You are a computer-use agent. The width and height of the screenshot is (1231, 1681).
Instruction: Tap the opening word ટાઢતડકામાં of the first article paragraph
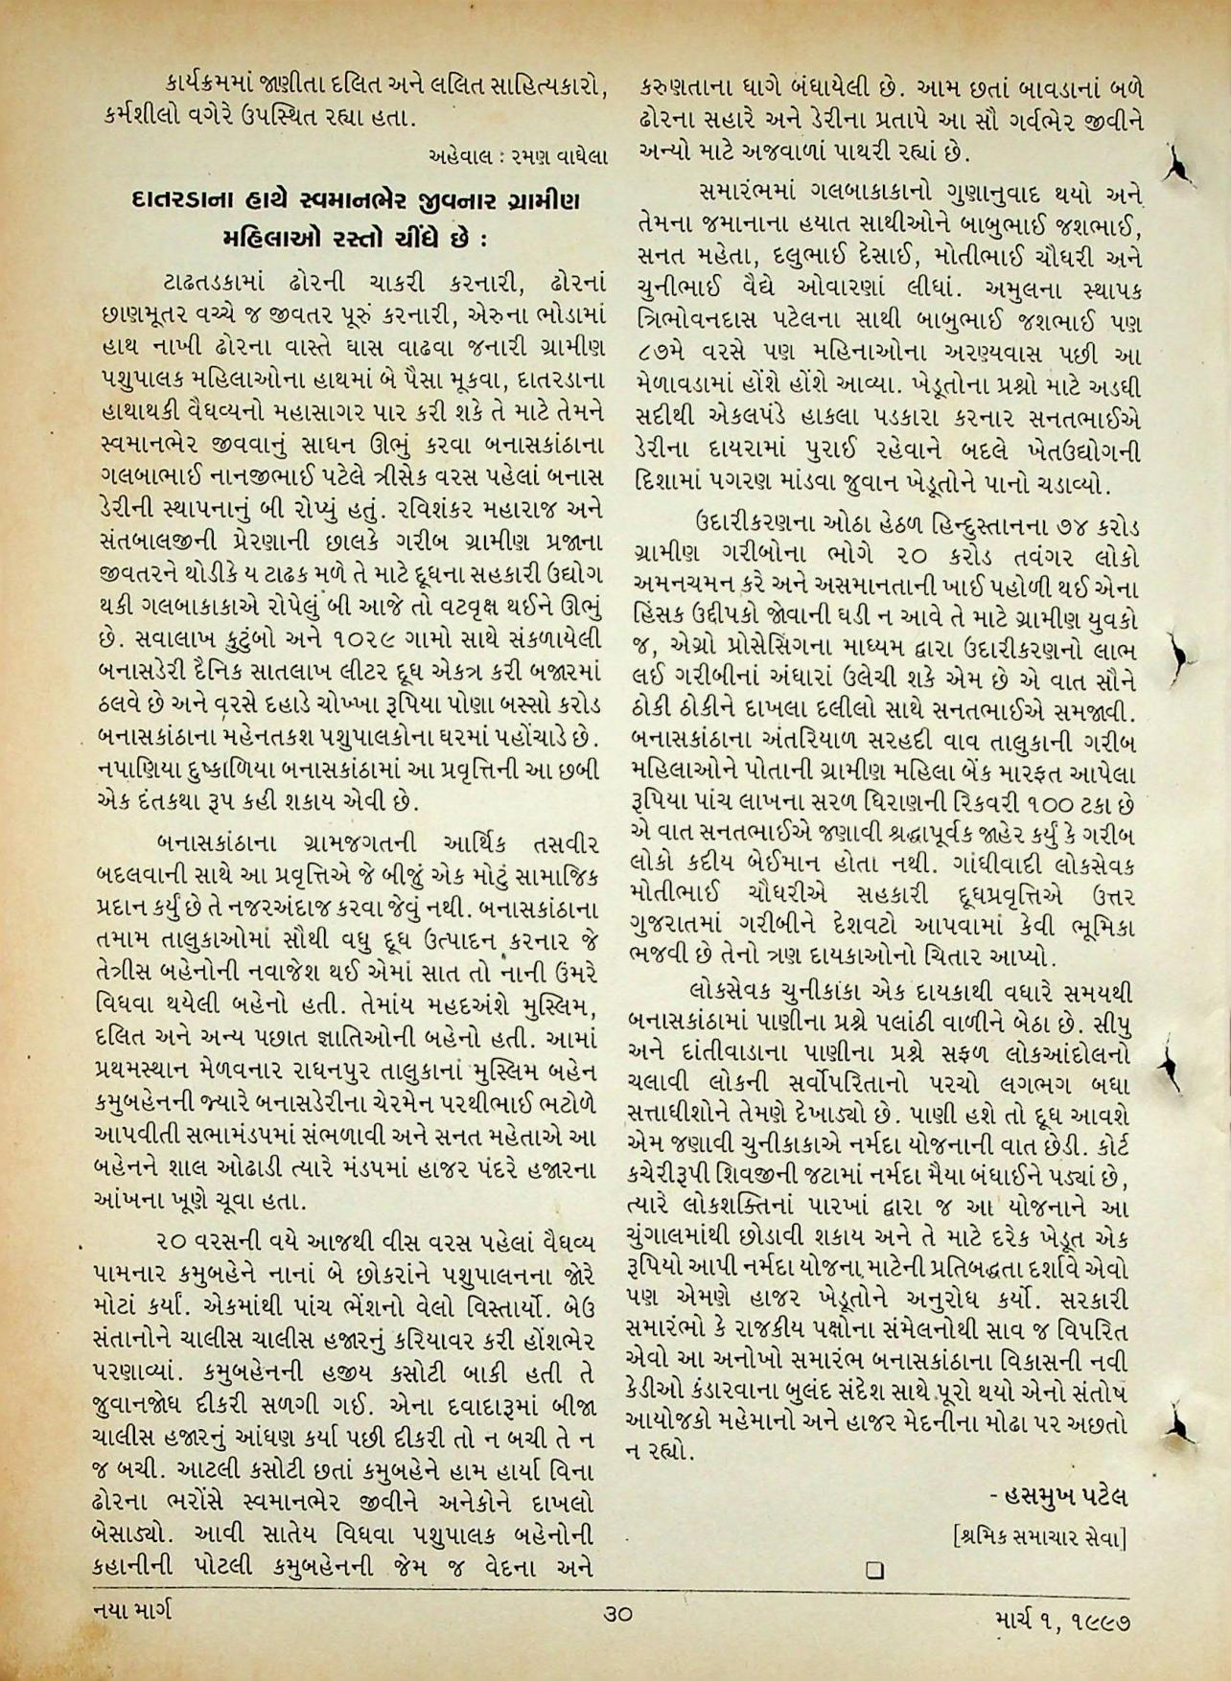[x=215, y=284]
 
